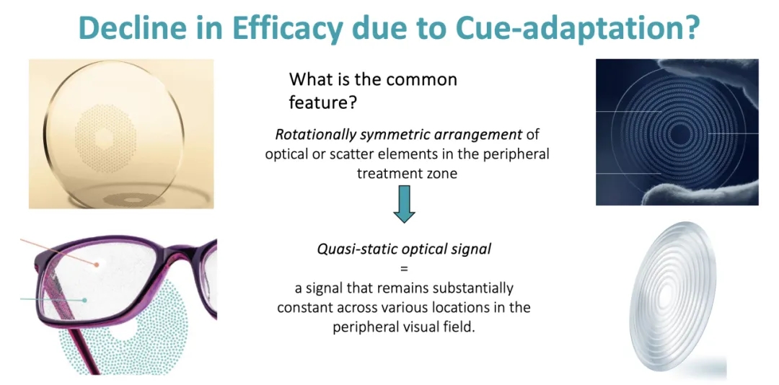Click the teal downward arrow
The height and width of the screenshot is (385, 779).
tap(404, 204)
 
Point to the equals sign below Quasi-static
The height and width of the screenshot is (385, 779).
tap(404, 268)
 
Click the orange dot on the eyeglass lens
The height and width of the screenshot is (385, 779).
tap(97, 265)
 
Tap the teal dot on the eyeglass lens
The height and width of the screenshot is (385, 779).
tap(85, 300)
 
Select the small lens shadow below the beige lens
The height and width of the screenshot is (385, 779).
tap(132, 200)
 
